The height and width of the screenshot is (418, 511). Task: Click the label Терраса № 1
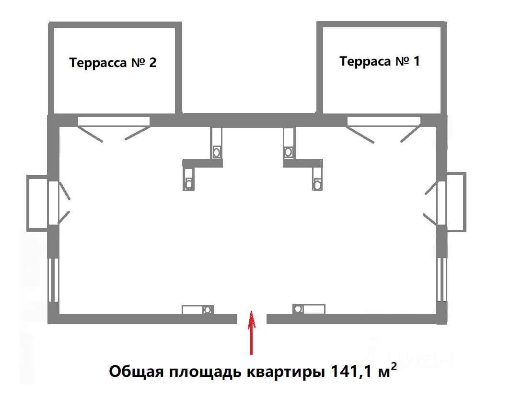pos(379,61)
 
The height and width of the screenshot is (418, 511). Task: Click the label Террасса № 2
pos(113,63)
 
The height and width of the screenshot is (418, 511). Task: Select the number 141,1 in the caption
pos(344,372)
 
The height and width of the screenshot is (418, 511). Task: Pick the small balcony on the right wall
pos(456,202)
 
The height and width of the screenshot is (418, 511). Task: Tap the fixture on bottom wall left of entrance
pos(197,309)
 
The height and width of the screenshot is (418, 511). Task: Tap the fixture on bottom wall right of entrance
pos(309,309)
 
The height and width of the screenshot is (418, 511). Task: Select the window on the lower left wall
pos(54,280)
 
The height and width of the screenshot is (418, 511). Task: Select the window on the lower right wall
pos(441,280)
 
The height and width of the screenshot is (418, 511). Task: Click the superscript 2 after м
pos(394,365)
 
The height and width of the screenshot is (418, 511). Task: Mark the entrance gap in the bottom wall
pos(252,318)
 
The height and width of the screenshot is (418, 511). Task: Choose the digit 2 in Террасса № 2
pos(152,63)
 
